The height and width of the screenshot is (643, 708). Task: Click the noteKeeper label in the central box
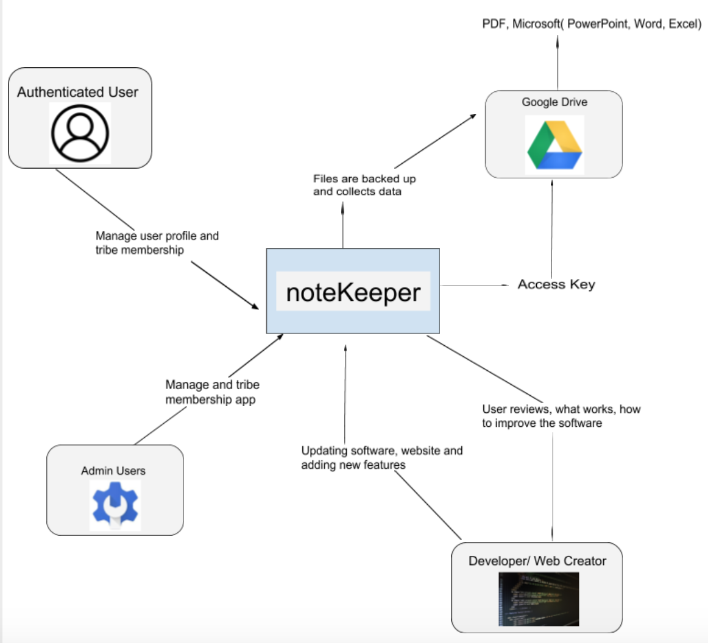(x=353, y=292)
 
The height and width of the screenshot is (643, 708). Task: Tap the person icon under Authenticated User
(x=80, y=133)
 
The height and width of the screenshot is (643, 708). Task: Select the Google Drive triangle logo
(x=554, y=145)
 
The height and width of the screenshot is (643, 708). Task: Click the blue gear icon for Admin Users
(x=115, y=505)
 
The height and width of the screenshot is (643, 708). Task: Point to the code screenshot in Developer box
(x=538, y=599)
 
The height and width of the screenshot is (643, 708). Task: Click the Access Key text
(x=556, y=284)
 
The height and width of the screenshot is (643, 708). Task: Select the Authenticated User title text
(x=77, y=92)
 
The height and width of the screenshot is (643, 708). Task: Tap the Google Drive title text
(x=554, y=102)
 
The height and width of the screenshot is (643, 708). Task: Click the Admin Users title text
(x=113, y=471)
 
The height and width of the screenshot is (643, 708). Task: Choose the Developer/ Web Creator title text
(x=537, y=561)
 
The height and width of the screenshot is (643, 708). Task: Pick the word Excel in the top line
(x=682, y=24)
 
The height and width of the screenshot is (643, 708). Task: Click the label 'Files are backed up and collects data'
(x=364, y=185)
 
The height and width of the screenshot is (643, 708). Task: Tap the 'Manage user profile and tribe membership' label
(x=157, y=242)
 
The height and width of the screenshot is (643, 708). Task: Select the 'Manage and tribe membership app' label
(x=212, y=392)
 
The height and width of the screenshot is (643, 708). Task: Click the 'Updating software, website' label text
(x=381, y=451)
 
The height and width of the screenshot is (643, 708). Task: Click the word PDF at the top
(x=494, y=24)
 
